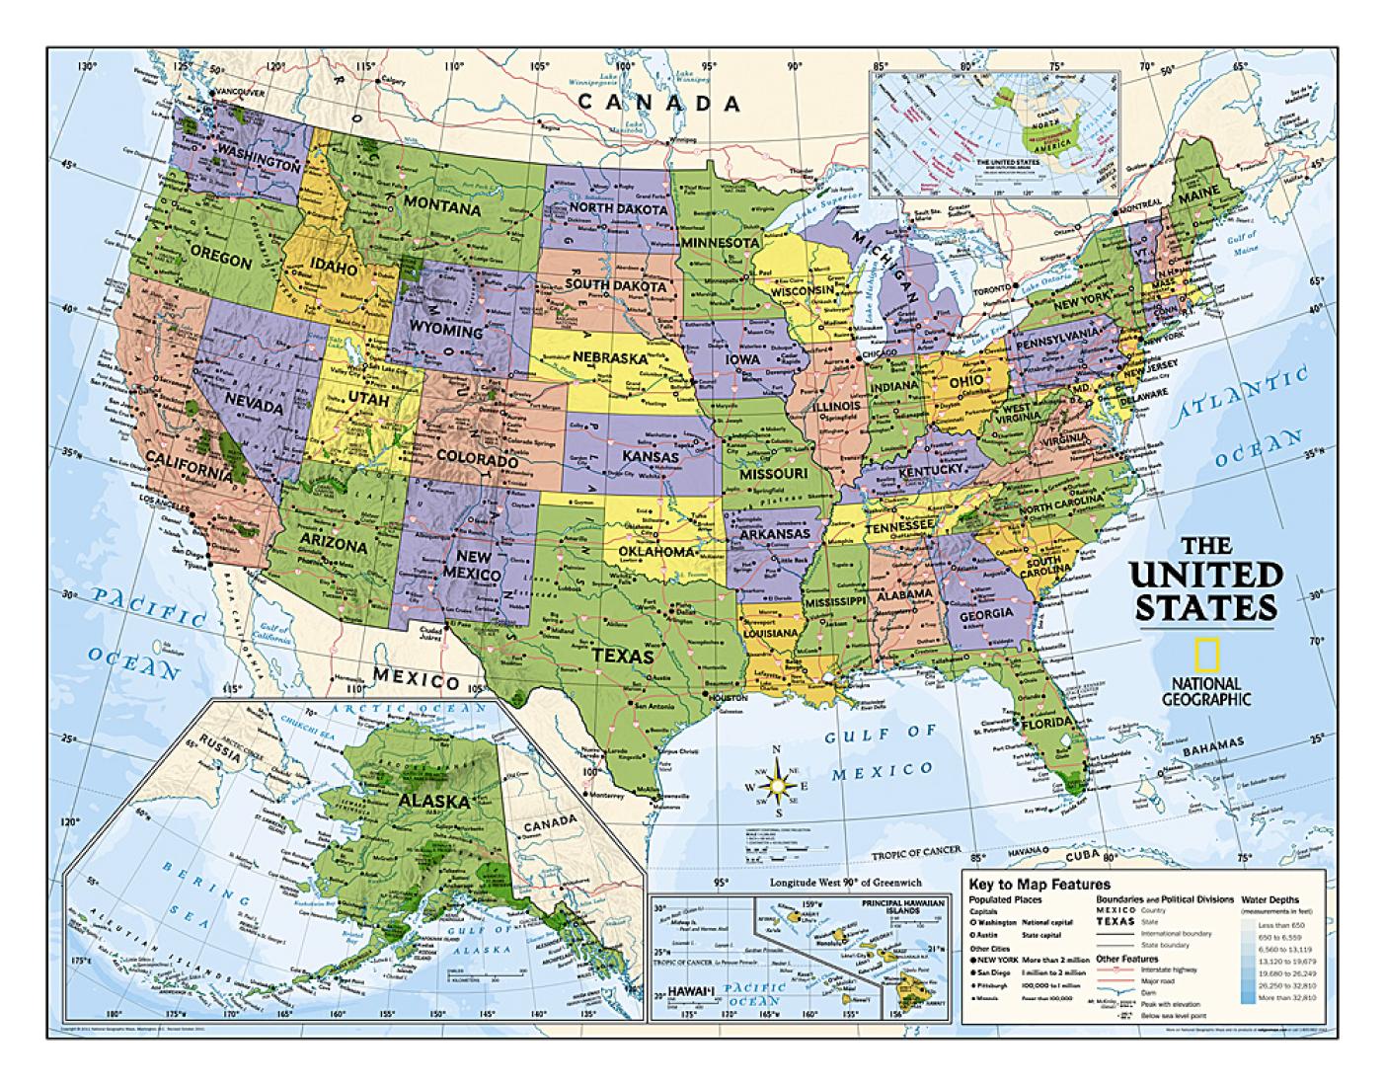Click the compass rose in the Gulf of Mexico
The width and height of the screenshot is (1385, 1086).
[x=777, y=785]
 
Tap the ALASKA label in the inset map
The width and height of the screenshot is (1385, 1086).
[x=433, y=801]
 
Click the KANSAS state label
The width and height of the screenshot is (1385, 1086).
[x=650, y=457]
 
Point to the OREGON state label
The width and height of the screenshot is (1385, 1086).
[x=222, y=260]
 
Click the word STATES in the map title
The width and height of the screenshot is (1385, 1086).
[x=1203, y=606]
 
